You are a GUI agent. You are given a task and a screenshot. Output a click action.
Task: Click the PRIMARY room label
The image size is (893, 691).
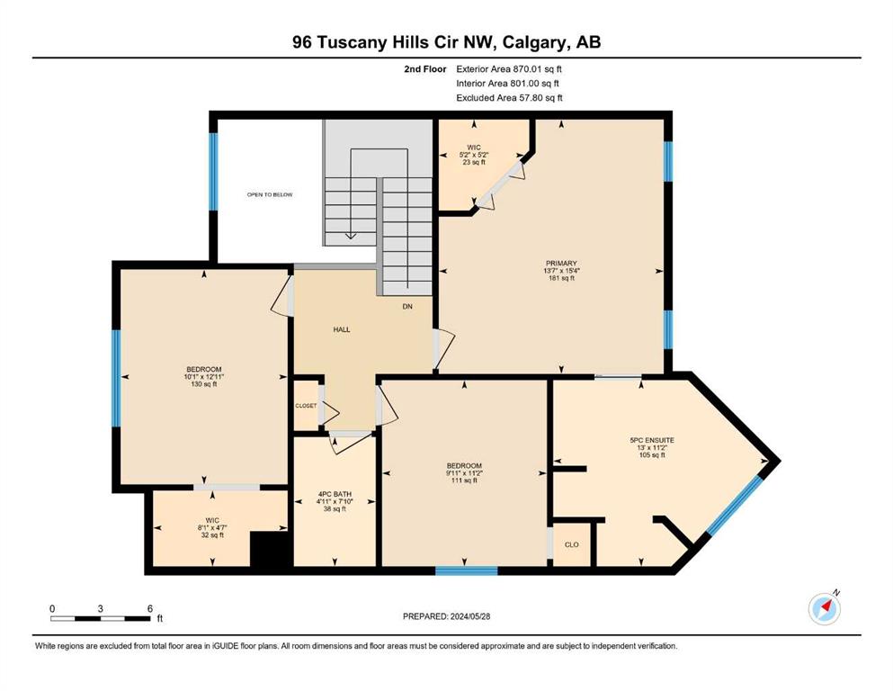561,264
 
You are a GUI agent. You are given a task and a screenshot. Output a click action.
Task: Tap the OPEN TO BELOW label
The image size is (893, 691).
270,195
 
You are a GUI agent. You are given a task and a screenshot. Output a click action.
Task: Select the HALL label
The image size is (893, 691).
342,329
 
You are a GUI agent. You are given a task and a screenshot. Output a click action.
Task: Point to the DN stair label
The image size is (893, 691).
407,307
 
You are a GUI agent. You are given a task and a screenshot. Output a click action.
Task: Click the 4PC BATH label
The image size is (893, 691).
335,494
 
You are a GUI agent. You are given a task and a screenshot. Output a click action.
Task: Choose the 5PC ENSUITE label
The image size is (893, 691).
652,440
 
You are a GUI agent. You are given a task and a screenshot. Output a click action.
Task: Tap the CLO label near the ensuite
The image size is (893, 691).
572,544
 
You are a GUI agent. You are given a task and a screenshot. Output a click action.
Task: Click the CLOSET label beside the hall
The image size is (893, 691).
306,406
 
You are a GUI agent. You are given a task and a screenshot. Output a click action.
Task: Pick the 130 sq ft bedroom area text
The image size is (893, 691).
204,384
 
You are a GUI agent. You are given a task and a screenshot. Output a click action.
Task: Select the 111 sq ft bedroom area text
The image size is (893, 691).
464,480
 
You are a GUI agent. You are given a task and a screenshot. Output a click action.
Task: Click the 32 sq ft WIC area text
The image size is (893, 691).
212,535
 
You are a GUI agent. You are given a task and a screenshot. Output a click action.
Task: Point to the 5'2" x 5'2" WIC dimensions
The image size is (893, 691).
474,155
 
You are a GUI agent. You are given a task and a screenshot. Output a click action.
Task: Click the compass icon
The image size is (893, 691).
824,609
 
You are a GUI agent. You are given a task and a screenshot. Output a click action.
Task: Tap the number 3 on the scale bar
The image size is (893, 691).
100,609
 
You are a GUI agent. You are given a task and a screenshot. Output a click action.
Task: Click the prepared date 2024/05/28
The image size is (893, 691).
469,616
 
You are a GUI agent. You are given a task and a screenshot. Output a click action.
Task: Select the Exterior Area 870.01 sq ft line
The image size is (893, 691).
509,69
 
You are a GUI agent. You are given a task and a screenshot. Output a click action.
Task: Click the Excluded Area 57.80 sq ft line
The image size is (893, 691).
509,98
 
